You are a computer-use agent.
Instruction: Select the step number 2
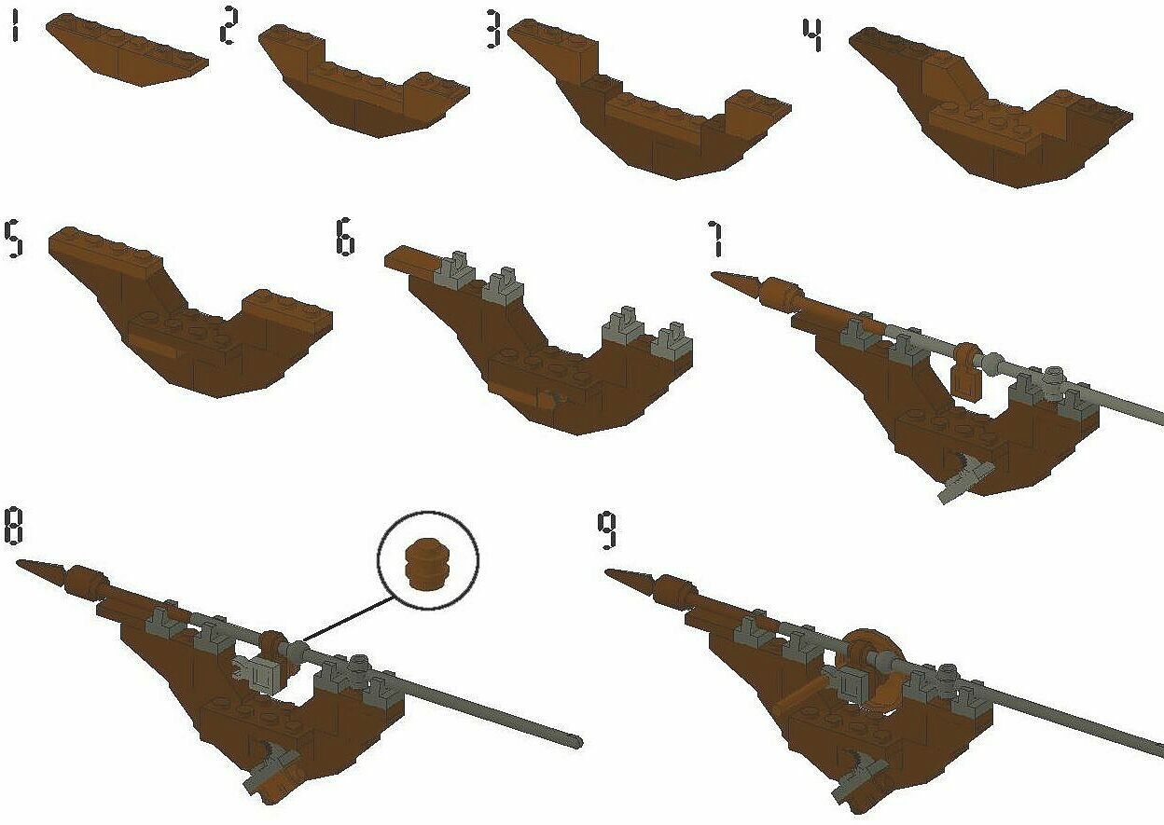[x=229, y=26]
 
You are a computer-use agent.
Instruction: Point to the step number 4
[x=812, y=35]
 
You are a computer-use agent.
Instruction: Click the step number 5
[x=13, y=240]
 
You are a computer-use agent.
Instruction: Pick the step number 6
[x=345, y=238]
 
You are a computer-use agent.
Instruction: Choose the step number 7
[x=715, y=239]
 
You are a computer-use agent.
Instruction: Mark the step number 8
[x=14, y=527]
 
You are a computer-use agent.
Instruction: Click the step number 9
[x=606, y=529]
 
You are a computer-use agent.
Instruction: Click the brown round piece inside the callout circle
[x=427, y=564]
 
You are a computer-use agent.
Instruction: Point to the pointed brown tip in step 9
[x=629, y=578]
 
